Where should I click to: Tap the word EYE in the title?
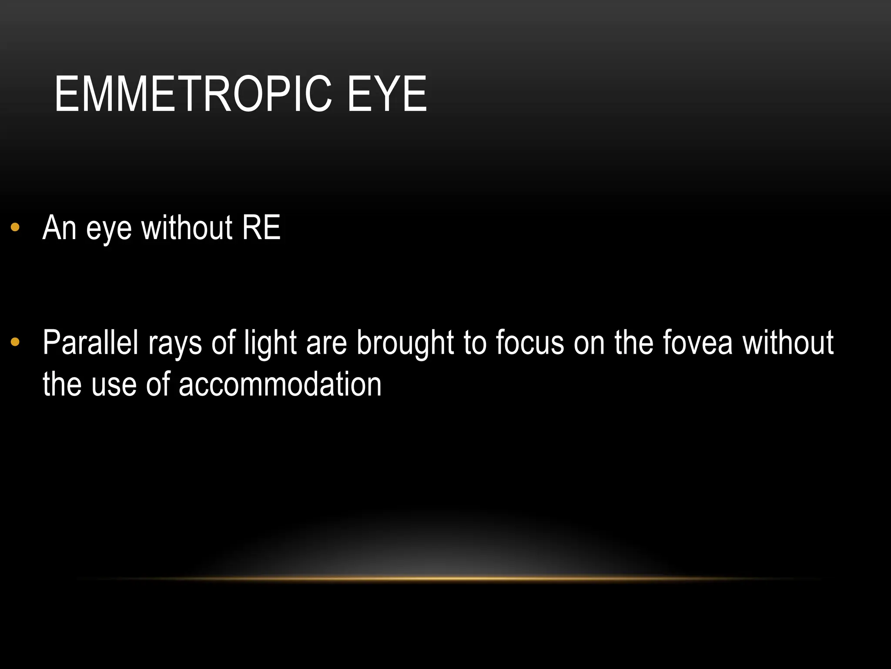(x=387, y=94)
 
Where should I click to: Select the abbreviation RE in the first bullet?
(x=261, y=227)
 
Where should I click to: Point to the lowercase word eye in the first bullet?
(x=109, y=230)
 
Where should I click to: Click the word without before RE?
(x=187, y=227)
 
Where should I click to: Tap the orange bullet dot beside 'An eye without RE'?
(x=15, y=227)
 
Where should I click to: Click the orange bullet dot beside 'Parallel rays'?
(x=15, y=342)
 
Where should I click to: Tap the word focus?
(x=530, y=342)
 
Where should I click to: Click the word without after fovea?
(x=788, y=342)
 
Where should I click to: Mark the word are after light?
(x=326, y=344)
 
